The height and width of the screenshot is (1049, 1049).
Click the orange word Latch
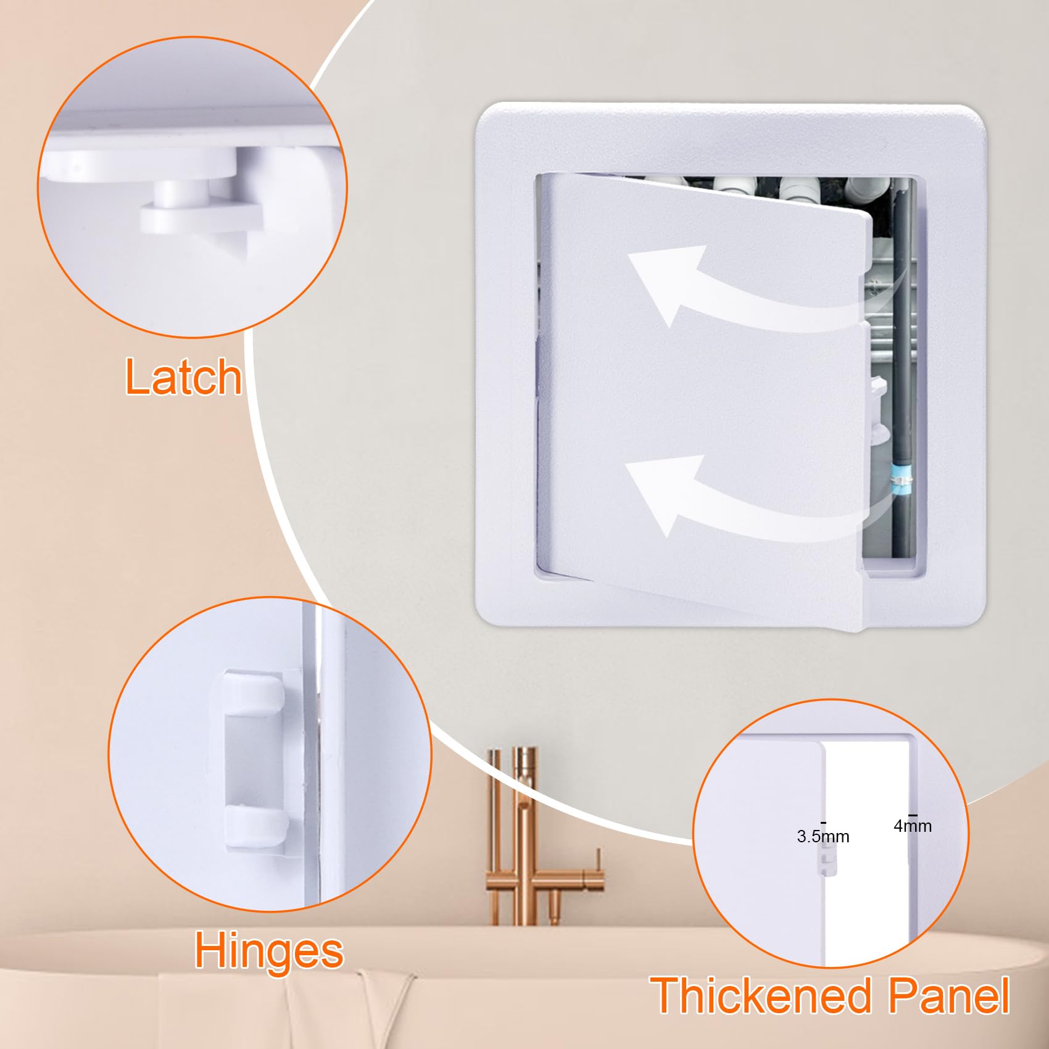coord(183,377)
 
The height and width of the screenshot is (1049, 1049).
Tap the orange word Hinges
coord(268,951)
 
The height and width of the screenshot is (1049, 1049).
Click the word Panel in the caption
coord(948,995)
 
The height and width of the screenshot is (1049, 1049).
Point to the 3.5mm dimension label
coord(823,837)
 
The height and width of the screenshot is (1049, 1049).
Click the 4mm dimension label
coord(912,826)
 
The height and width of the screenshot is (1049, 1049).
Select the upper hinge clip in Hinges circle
coord(254,692)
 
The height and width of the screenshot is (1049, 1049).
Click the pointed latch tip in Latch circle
coord(238,244)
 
